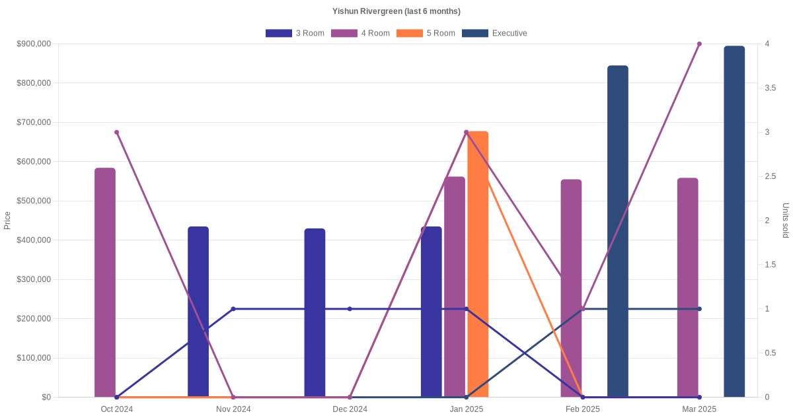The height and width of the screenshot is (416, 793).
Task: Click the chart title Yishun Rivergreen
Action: [x=397, y=11]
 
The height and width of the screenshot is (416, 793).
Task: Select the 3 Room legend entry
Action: [x=295, y=33]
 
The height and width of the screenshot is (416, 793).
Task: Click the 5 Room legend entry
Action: [x=426, y=33]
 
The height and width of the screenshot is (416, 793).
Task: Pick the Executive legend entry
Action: [x=494, y=33]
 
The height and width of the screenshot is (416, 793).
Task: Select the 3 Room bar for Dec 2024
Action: [x=315, y=313]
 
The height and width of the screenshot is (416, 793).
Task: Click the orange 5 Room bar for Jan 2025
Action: [x=478, y=264]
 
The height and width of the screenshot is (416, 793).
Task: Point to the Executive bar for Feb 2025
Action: [x=618, y=231]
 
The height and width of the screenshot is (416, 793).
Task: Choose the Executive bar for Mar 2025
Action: [x=734, y=221]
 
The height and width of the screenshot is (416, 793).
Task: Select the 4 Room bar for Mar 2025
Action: [x=688, y=287]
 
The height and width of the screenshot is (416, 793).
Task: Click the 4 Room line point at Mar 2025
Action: [x=699, y=44]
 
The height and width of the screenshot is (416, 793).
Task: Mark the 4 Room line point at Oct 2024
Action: [x=117, y=132]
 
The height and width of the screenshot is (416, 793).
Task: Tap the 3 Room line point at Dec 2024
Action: [x=350, y=309]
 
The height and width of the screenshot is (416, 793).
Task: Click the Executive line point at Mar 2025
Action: [x=699, y=309]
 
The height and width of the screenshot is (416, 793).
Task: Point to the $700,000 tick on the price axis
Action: [x=33, y=122]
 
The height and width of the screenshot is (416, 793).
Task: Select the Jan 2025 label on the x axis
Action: [x=467, y=409]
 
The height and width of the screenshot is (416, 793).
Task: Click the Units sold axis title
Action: [x=785, y=221]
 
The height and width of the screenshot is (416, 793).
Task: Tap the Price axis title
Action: [x=7, y=221]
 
